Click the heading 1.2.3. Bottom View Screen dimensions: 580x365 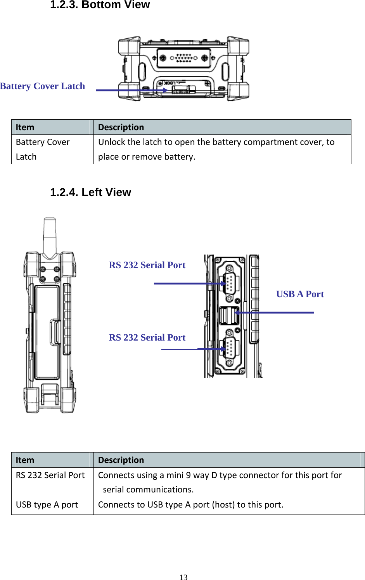click(x=100, y=5)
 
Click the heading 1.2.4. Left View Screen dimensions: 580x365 click(x=90, y=192)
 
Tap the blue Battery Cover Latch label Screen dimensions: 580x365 click(x=42, y=86)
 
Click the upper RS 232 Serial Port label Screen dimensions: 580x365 click(x=147, y=265)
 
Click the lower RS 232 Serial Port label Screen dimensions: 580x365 click(x=147, y=337)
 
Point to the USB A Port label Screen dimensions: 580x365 click(x=300, y=294)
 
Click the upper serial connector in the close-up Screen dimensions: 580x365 click(x=229, y=283)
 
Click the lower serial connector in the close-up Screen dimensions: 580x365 click(x=229, y=348)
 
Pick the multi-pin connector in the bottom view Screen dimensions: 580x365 click(x=184, y=58)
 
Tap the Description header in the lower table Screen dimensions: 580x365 click(x=121, y=460)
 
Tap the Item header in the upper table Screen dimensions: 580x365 click(x=25, y=127)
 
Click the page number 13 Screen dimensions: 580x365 click(x=183, y=577)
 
